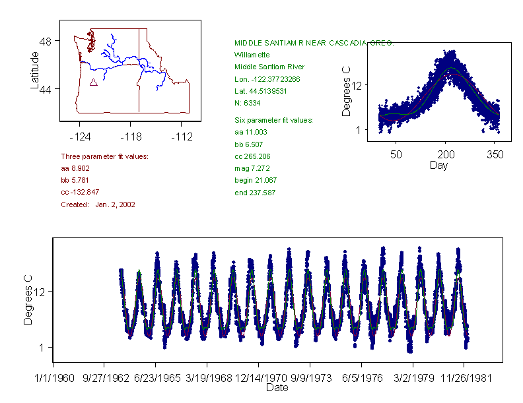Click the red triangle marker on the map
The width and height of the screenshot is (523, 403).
93,82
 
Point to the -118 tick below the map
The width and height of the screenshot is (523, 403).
130,137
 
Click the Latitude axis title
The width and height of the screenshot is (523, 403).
35,70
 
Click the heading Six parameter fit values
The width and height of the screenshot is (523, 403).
273,120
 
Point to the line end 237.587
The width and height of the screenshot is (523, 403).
255,193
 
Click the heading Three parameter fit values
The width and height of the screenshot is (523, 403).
104,156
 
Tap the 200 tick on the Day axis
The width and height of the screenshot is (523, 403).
446,154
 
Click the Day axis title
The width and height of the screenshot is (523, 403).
438,165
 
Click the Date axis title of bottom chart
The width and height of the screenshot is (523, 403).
276,388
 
